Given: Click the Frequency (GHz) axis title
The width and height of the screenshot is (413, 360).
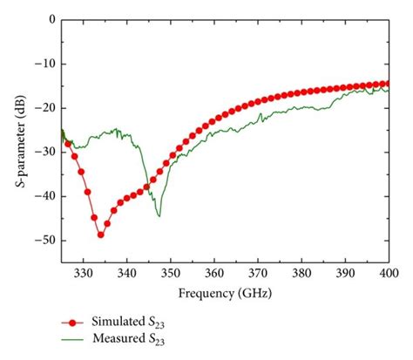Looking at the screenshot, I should tap(224, 295).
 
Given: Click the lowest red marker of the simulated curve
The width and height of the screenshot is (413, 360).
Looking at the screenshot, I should tap(100, 234).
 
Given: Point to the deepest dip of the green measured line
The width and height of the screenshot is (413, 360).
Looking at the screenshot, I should tap(159, 215).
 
